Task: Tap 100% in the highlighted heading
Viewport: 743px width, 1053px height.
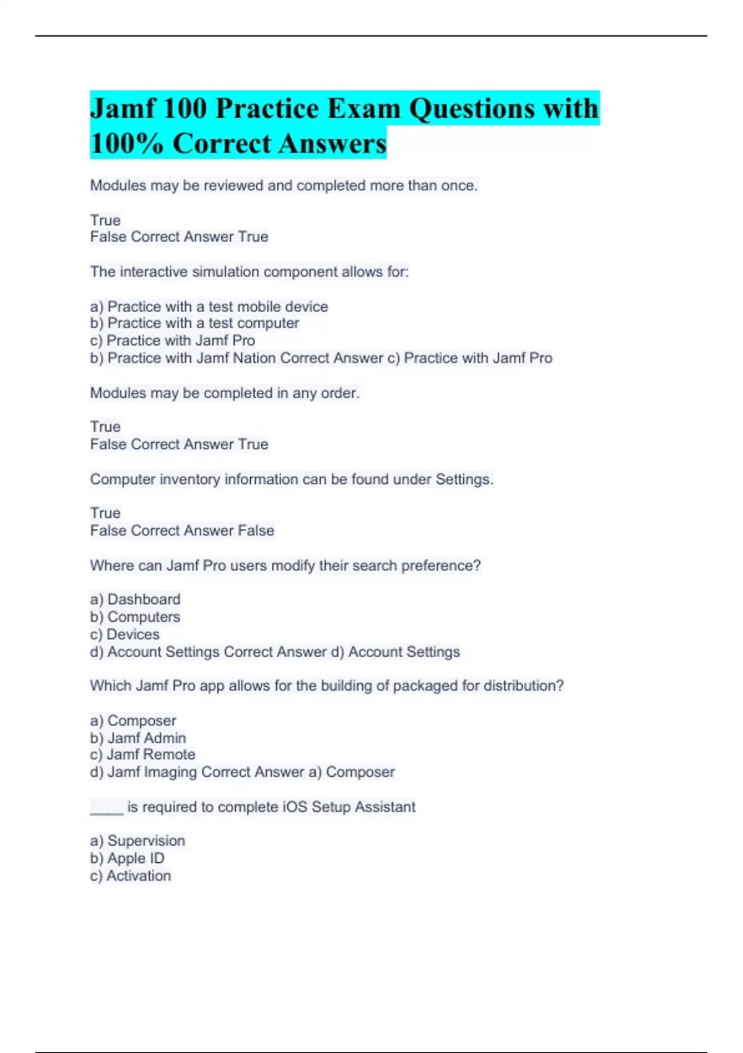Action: tap(127, 144)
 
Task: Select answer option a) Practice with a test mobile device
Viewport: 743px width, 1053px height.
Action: tap(209, 307)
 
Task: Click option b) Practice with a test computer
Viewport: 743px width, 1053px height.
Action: tap(194, 323)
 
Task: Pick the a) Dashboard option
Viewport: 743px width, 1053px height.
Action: tap(135, 600)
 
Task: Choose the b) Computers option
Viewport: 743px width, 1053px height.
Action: tap(135, 617)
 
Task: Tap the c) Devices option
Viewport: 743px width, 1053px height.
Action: tap(124, 634)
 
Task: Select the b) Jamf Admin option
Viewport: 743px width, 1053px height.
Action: tap(137, 738)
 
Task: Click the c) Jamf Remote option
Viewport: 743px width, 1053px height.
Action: tap(142, 754)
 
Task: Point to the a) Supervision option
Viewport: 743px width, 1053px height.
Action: tap(137, 841)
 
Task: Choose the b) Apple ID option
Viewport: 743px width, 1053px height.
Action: tap(127, 859)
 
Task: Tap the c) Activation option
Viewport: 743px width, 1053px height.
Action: tap(130, 876)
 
